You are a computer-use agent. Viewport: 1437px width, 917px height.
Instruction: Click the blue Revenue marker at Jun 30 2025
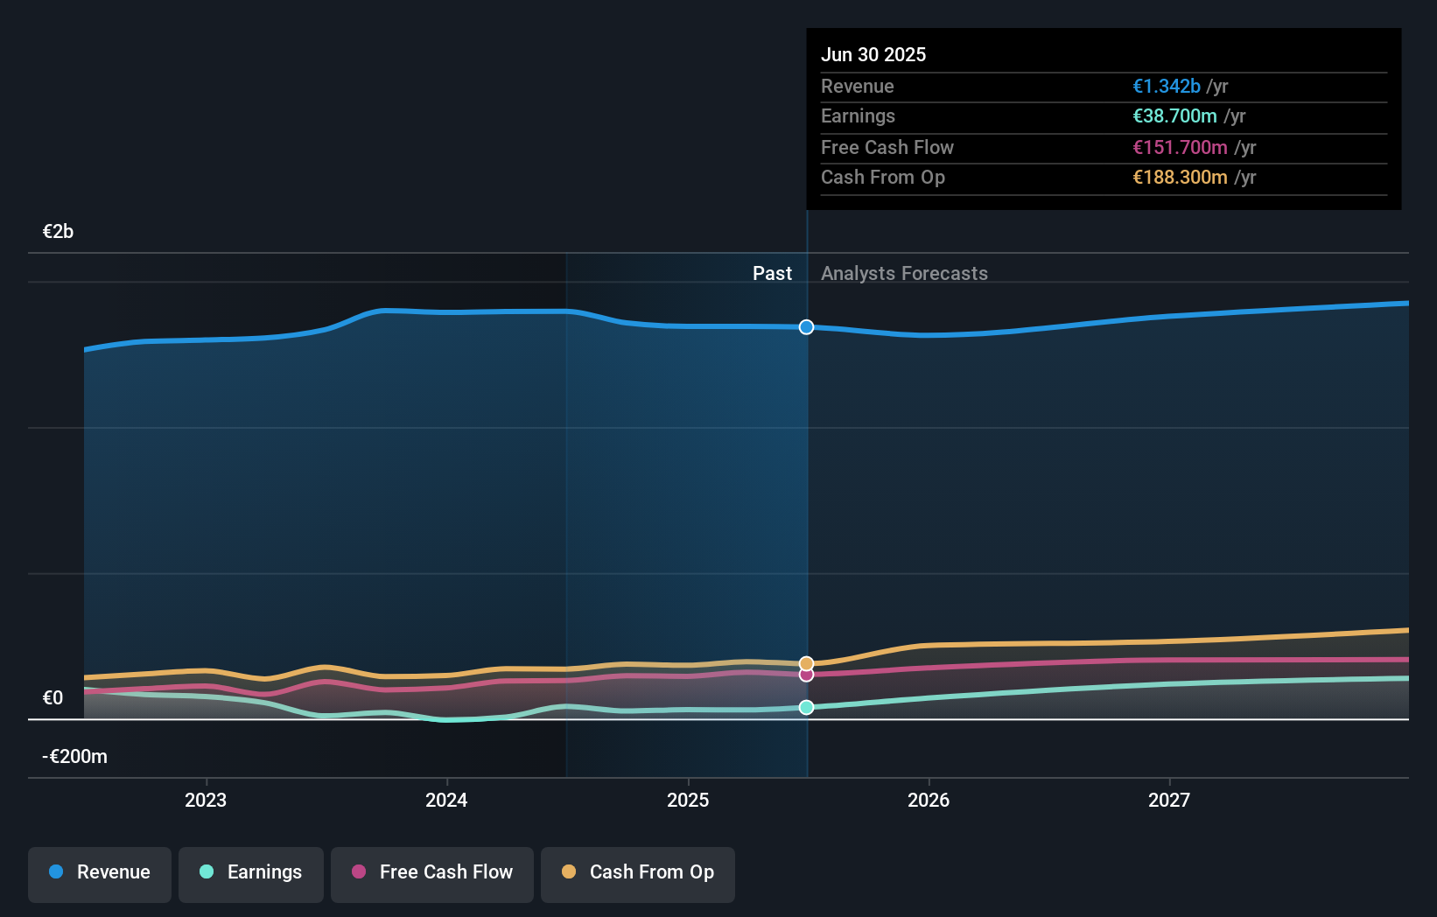(806, 327)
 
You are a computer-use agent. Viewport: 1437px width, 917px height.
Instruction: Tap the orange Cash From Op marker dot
(806, 663)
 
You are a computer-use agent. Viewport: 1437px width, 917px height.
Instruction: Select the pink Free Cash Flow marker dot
(806, 674)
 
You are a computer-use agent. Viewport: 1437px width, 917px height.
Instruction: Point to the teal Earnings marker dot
(806, 707)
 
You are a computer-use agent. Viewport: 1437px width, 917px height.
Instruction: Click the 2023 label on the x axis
(206, 800)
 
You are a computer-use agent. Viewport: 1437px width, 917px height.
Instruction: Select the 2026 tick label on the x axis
(929, 800)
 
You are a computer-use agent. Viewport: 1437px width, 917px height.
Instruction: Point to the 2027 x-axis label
(1169, 800)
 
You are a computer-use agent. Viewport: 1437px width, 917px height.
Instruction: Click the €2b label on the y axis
(58, 232)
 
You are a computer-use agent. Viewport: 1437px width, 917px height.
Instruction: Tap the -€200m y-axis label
(74, 756)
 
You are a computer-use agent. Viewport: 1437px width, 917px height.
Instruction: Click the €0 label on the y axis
(53, 697)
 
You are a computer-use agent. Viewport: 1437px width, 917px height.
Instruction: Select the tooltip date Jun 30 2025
(873, 54)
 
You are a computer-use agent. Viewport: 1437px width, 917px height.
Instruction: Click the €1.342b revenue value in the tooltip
(1167, 86)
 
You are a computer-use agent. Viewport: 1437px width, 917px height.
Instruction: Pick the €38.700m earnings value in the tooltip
(1174, 116)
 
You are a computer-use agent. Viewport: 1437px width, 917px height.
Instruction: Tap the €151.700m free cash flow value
(1180, 148)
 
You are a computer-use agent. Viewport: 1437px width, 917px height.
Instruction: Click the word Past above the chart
(773, 273)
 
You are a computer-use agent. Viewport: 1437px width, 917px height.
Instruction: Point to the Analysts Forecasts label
(904, 273)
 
